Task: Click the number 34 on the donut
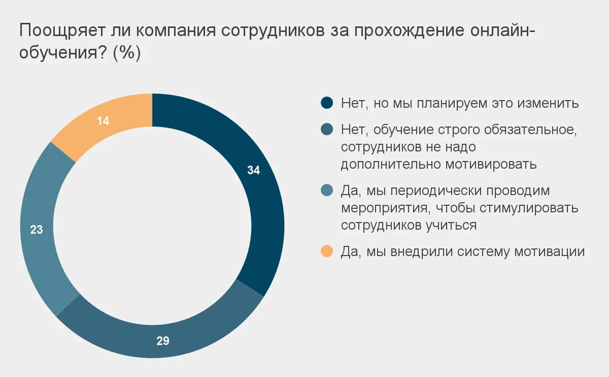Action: point(253,170)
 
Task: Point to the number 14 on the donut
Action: point(103,121)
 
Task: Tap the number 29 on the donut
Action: point(163,341)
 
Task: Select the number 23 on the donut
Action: point(36,229)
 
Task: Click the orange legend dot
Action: point(327,251)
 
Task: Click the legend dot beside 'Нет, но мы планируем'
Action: point(327,103)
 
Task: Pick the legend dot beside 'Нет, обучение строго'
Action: point(327,129)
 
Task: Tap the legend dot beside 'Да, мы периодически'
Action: point(327,190)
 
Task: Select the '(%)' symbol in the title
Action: point(127,53)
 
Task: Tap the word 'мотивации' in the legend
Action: point(549,251)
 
